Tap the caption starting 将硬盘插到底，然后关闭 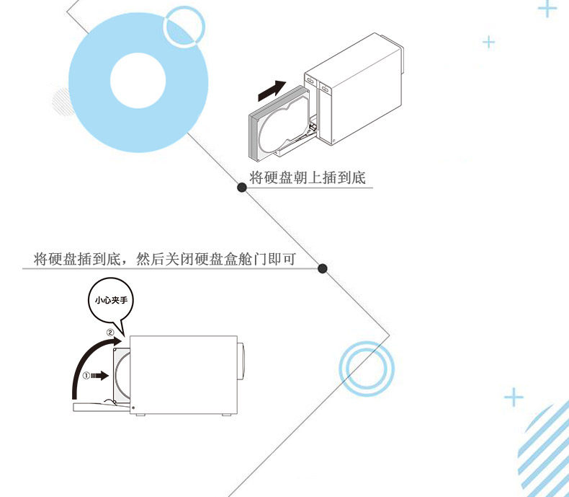pyautogui.click(x=165, y=259)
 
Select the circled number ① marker pyautogui.click(x=86, y=375)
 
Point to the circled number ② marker pyautogui.click(x=110, y=333)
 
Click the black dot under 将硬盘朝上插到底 pyautogui.click(x=242, y=188)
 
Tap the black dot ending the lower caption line pyautogui.click(x=323, y=268)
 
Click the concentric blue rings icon pyautogui.click(x=367, y=368)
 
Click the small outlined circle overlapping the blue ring pyautogui.click(x=185, y=28)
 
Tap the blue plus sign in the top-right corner pyautogui.click(x=548, y=9)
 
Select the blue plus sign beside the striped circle pyautogui.click(x=514, y=397)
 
